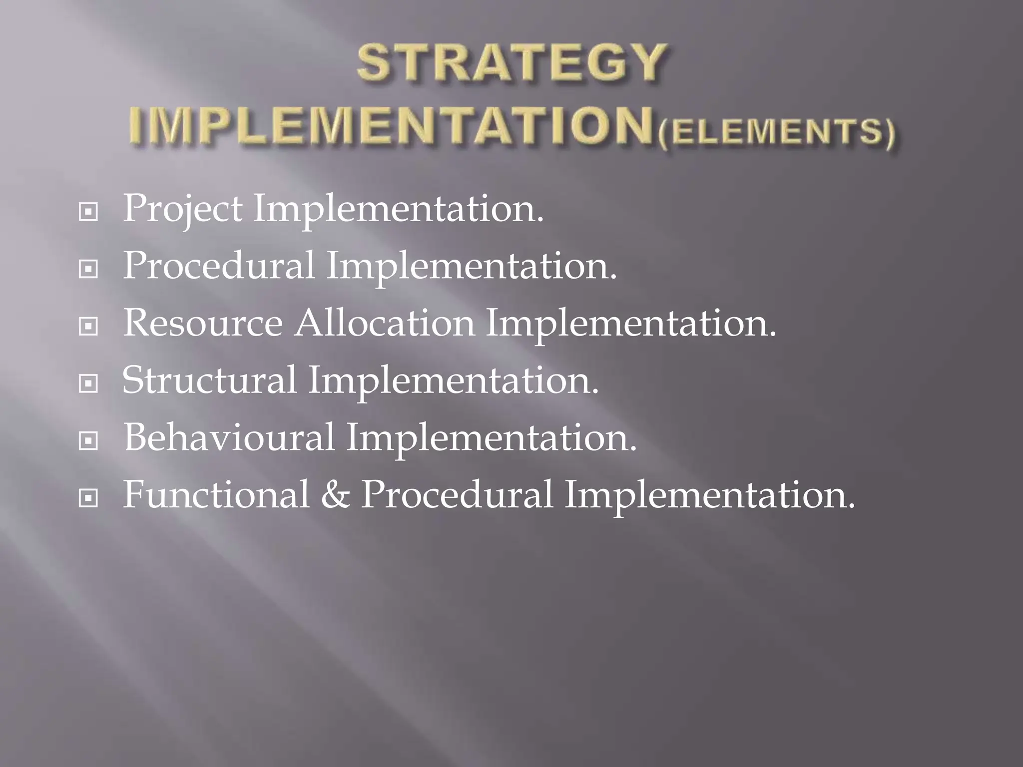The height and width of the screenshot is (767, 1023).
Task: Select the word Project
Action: (182, 209)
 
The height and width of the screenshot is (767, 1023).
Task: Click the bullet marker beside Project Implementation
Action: (88, 213)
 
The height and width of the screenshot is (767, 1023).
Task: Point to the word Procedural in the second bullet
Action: (218, 266)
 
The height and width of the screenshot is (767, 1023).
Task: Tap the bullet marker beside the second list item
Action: (88, 270)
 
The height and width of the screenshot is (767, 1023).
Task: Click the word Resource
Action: (202, 323)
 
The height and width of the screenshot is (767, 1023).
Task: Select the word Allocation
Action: (384, 323)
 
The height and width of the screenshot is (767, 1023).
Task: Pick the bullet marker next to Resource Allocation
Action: (88, 327)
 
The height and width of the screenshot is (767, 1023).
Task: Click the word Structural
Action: (209, 380)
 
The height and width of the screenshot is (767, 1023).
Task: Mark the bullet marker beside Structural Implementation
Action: (88, 384)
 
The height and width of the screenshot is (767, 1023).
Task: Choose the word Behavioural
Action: (229, 437)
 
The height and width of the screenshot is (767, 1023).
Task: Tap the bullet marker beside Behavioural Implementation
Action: (88, 441)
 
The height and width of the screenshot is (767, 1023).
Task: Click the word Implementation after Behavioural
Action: (492, 438)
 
